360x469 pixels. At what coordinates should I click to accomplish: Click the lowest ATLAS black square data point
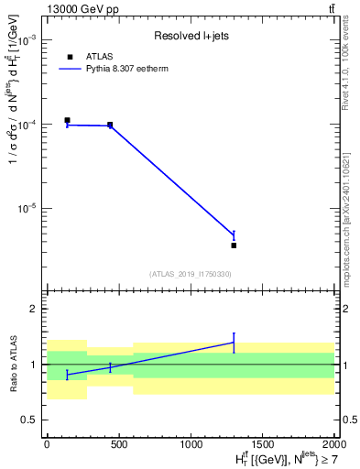click(234, 245)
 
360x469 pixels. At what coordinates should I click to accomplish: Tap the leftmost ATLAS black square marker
click(67, 120)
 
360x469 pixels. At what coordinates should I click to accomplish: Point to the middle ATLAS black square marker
click(110, 125)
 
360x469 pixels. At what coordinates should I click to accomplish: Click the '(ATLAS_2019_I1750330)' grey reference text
click(190, 274)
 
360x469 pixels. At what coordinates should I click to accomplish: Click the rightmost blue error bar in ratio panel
click(234, 342)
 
